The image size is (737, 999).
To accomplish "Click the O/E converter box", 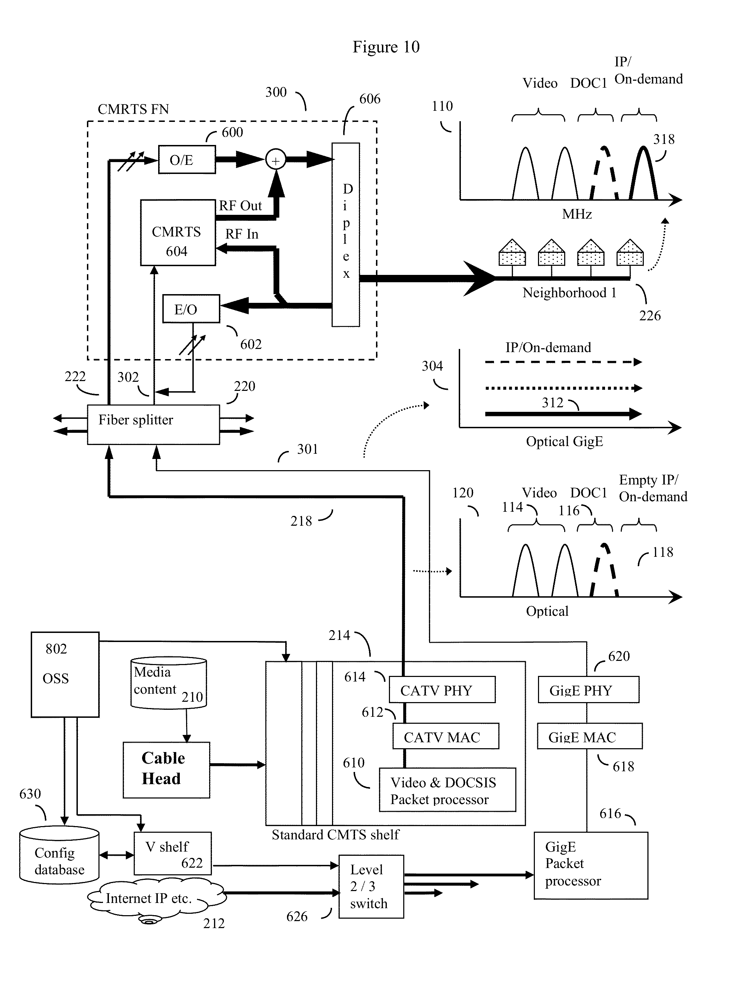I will pos(187,159).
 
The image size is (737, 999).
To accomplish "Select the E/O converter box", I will pos(191,308).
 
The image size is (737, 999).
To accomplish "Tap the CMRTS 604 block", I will pos(178,233).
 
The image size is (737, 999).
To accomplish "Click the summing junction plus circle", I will pos(276,160).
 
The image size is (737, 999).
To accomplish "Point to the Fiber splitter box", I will pos(153,424).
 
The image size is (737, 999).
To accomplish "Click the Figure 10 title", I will pos(386,47).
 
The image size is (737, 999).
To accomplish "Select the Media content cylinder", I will pos(169,683).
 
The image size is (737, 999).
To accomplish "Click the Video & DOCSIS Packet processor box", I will pos(447,790).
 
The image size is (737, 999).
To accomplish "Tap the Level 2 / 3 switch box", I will pos(371,886).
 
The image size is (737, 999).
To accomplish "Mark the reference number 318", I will pos(663,140).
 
